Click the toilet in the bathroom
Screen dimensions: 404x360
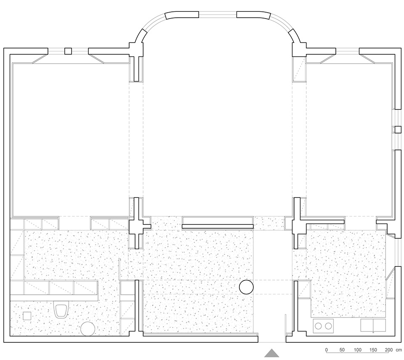coord(61,310)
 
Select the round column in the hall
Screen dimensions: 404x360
coord(246,287)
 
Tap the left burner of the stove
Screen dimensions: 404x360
coord(319,326)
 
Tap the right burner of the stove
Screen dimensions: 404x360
coord(328,326)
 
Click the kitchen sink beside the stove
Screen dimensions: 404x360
coord(373,325)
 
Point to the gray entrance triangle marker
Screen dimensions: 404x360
coord(271,353)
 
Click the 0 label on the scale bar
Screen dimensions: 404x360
coord(327,350)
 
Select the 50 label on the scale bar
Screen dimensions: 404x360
coord(342,350)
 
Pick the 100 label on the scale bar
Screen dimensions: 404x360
coord(358,350)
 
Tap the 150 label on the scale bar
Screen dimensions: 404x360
coord(373,350)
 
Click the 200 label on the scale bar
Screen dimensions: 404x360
coord(389,350)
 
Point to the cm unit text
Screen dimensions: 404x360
coord(399,350)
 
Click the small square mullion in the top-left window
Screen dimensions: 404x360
coord(68,51)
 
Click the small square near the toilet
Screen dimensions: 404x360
coord(27,316)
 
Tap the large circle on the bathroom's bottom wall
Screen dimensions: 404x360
coord(88,329)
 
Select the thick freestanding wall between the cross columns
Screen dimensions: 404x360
coord(218,227)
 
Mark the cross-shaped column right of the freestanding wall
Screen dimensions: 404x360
coord(299,223)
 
